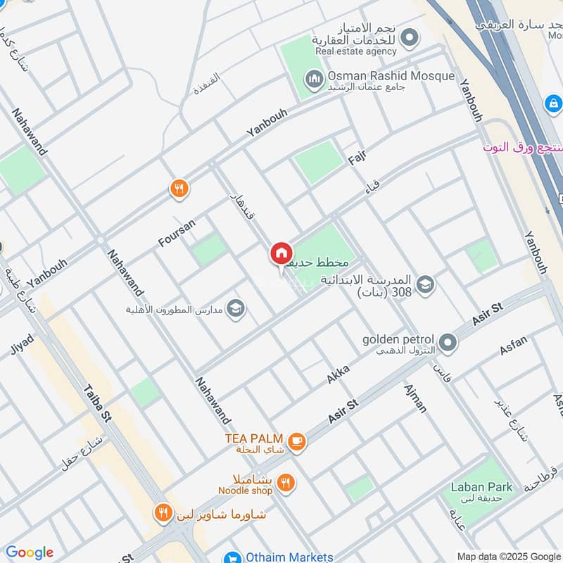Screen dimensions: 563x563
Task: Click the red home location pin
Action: coord(281,253)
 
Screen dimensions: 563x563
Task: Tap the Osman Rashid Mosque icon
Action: coord(315,77)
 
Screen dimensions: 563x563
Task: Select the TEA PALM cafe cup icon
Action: coord(297,441)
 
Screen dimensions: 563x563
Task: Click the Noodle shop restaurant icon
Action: coord(285,483)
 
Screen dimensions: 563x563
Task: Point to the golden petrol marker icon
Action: coord(448,343)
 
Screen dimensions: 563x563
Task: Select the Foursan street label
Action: coord(176,232)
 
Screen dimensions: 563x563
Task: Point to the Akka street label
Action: coord(338,373)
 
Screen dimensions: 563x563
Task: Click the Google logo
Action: coord(30,552)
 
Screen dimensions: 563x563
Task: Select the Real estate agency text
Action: coord(356,51)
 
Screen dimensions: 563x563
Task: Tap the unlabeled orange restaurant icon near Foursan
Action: coord(179,188)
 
